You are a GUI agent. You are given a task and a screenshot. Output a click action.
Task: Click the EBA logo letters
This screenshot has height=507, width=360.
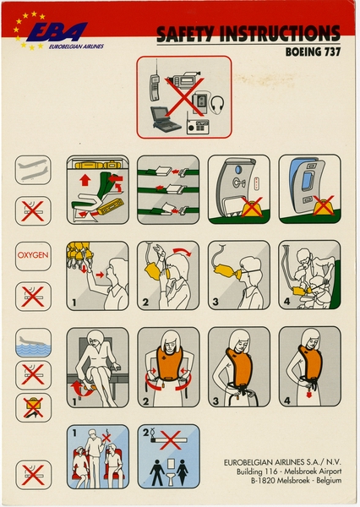tap(61, 31)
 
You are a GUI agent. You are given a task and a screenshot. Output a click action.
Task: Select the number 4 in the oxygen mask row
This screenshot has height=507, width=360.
tap(286, 300)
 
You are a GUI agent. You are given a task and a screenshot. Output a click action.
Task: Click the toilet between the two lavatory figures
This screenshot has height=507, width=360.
tap(169, 472)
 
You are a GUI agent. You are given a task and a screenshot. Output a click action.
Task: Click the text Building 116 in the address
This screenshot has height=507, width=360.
tap(257, 475)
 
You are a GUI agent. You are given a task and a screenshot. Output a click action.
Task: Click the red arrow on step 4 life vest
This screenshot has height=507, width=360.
tap(308, 394)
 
